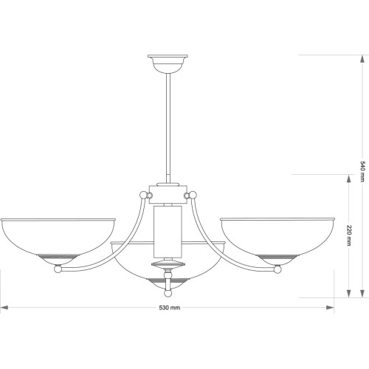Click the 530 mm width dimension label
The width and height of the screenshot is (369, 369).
pos(170,308)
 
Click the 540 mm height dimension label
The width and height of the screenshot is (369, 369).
pos(362,171)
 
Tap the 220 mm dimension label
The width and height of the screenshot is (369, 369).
pos(349,235)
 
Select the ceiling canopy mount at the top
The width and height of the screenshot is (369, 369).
pos(168,64)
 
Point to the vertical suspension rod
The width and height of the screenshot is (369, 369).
pos(168,128)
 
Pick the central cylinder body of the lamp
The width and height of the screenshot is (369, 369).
pos(168,232)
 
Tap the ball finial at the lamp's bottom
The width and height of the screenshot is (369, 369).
pos(168,293)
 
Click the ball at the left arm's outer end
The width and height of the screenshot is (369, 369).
pos(58,269)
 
